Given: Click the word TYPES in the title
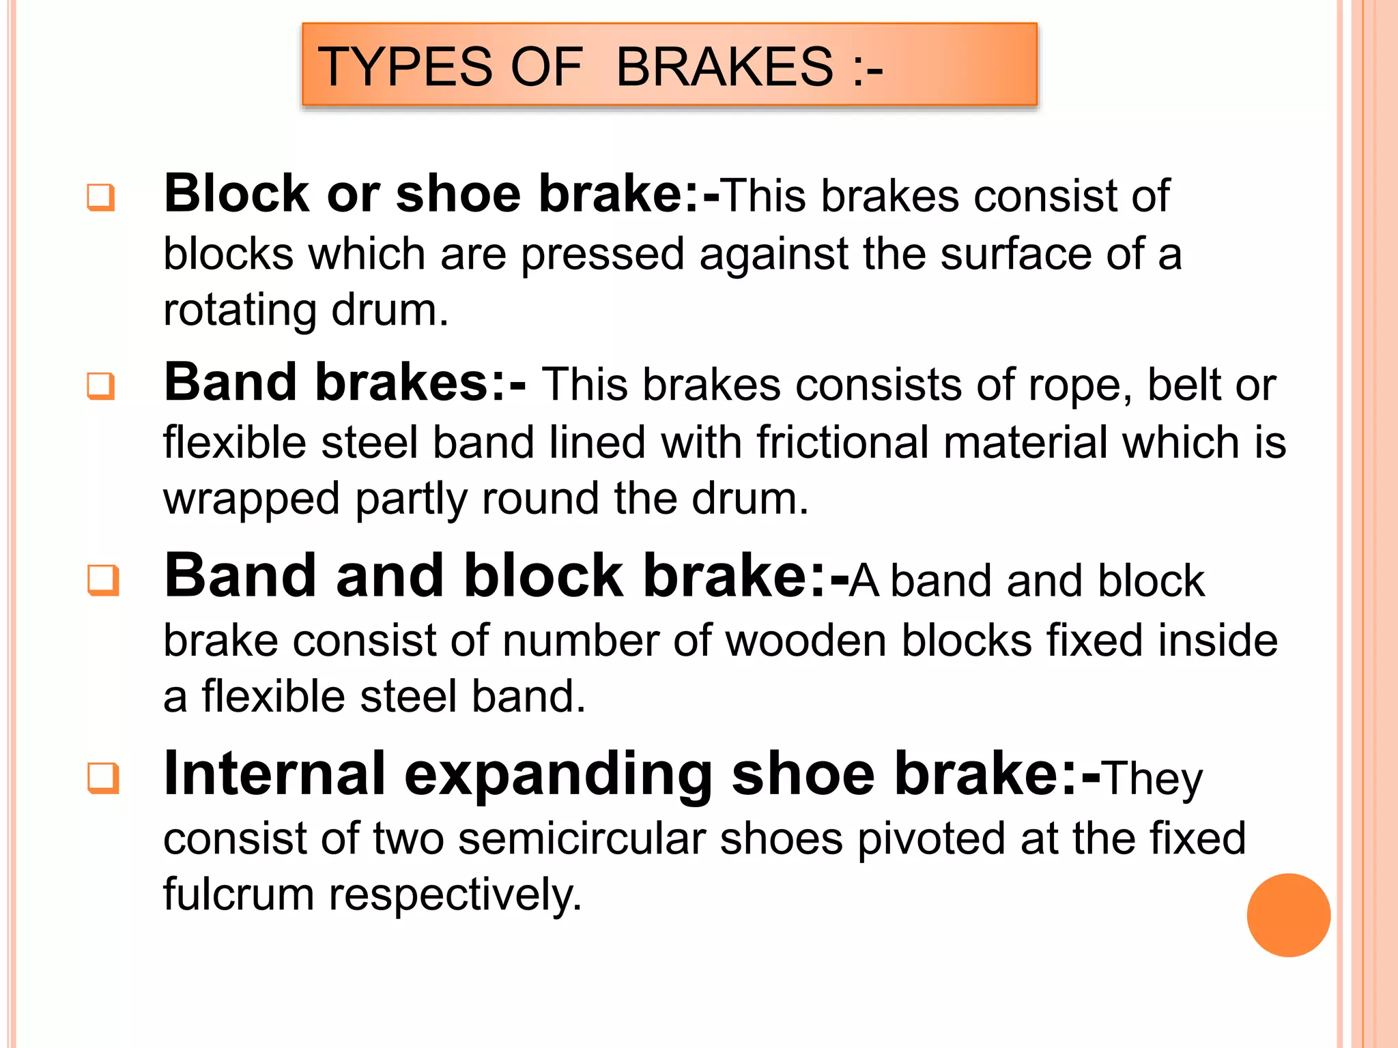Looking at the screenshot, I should [405, 67].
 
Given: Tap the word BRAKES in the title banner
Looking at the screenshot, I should [724, 67].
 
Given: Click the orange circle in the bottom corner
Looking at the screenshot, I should [1288, 915].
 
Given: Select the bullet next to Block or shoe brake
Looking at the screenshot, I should [101, 198].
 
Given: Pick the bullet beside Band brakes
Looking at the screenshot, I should [101, 386].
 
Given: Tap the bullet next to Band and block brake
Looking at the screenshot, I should [103, 581].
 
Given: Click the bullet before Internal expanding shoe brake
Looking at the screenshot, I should [103, 778].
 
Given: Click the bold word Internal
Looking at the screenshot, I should [274, 774].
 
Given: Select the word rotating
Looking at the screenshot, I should [240, 310].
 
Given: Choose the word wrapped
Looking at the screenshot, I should [251, 499].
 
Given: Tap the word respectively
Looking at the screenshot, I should [455, 896].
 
